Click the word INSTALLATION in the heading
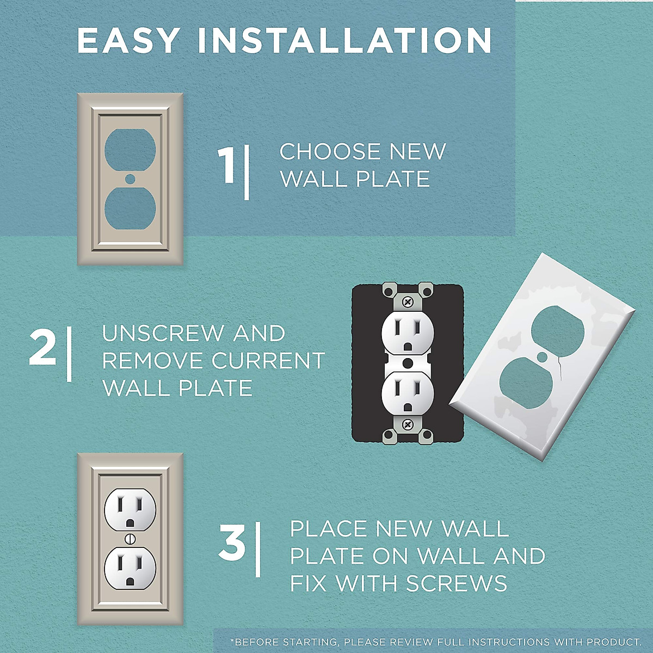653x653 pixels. [345, 40]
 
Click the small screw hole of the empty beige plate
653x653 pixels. [130, 178]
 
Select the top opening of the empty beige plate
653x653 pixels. [130, 148]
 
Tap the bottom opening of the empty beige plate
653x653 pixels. [130, 209]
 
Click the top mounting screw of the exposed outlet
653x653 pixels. [408, 301]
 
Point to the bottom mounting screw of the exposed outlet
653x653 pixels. [408, 424]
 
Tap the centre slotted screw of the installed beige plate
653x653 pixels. [130, 539]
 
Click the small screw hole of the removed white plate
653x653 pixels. [542, 357]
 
